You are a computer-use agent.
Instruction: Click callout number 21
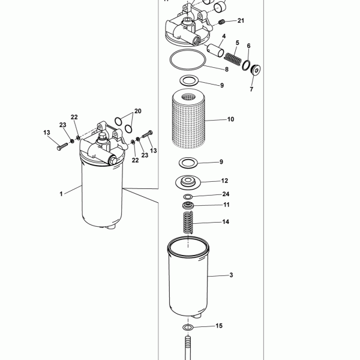click(241, 20)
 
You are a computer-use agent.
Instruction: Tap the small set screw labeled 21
click(221, 22)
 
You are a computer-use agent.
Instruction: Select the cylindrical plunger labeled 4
click(215, 50)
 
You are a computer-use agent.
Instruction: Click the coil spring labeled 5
click(233, 59)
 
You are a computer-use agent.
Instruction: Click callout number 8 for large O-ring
click(227, 69)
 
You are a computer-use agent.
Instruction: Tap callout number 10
click(230, 119)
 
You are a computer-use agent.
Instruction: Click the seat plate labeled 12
click(188, 182)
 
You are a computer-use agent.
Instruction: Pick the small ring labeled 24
click(188, 197)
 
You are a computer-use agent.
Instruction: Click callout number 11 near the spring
click(226, 205)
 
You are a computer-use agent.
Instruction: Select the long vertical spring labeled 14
click(188, 222)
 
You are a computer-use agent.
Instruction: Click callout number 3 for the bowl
click(231, 275)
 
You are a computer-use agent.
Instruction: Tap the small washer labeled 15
click(188, 327)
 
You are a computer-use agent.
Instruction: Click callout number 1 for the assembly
click(61, 194)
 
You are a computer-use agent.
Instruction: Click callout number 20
click(137, 111)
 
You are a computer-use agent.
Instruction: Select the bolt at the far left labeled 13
click(62, 146)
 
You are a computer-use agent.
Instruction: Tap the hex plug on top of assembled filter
click(103, 137)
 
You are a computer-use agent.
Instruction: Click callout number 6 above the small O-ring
click(248, 46)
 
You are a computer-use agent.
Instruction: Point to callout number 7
click(251, 89)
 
